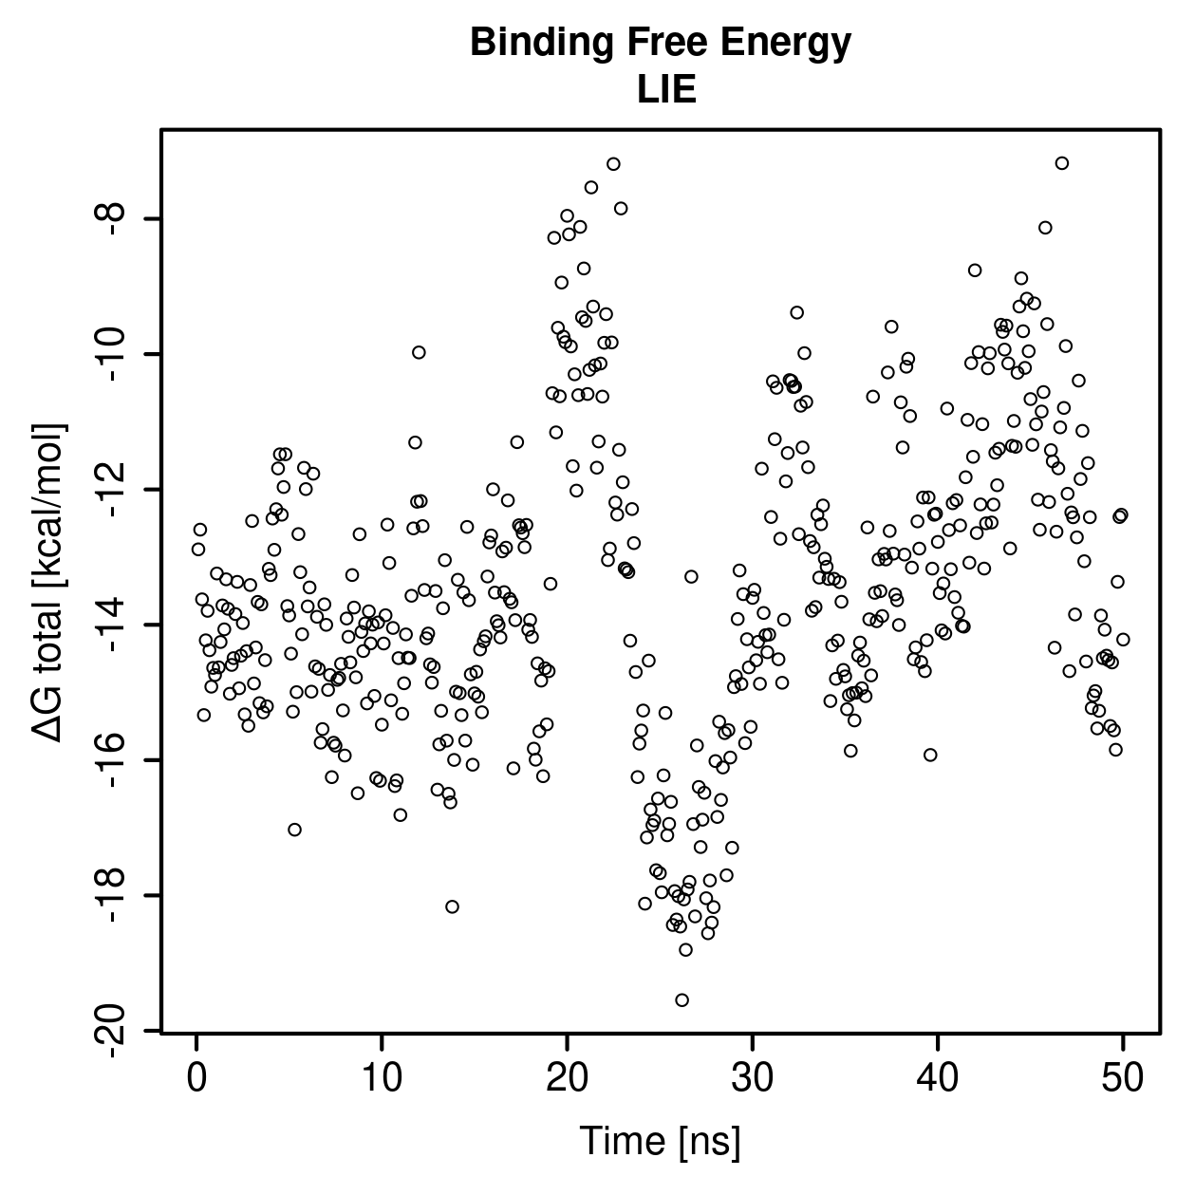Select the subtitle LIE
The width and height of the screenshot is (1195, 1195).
(x=666, y=90)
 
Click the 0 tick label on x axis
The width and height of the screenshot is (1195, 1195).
(x=196, y=1078)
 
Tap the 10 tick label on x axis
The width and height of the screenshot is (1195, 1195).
(x=382, y=1078)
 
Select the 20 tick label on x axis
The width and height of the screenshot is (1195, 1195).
(x=567, y=1078)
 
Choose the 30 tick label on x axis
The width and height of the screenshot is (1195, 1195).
(x=753, y=1078)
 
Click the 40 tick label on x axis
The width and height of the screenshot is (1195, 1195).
(x=938, y=1078)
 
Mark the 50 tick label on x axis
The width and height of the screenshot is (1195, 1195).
(x=1123, y=1078)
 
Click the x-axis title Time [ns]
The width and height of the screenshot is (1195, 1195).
(x=660, y=1142)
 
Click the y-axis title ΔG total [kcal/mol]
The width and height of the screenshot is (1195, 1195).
(x=49, y=583)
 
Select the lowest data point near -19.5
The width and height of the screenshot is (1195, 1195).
(x=682, y=1000)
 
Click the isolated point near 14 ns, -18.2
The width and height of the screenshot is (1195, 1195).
(x=452, y=906)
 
